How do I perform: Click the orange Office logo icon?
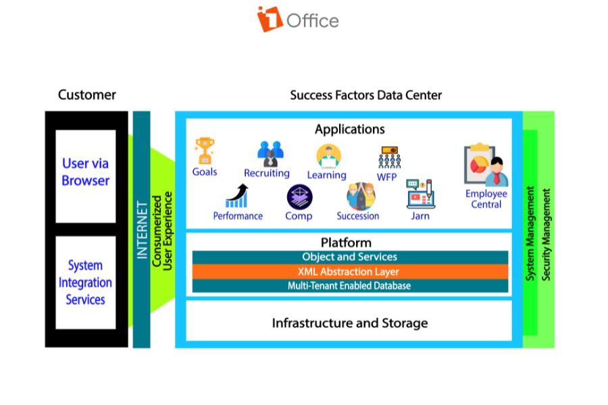point(270,19)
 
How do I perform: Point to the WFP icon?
point(387,158)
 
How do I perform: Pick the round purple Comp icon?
point(299,196)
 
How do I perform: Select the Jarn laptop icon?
point(420,194)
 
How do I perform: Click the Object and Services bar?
point(349,257)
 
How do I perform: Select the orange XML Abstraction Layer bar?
point(349,271)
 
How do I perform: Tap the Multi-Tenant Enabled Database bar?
point(349,286)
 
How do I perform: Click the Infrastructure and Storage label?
point(349,323)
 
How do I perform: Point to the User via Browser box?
point(86,172)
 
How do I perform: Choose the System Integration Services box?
point(86,282)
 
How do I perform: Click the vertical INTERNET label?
point(142,230)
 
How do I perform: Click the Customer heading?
point(87,95)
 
